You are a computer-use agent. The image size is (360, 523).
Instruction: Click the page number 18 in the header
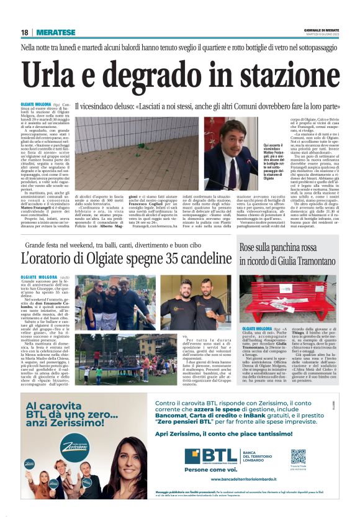click(x=24, y=32)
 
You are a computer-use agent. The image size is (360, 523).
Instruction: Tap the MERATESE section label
click(x=56, y=32)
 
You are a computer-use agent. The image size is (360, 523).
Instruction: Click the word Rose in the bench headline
click(x=248, y=247)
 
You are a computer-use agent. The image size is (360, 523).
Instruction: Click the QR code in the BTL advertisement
click(x=298, y=457)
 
